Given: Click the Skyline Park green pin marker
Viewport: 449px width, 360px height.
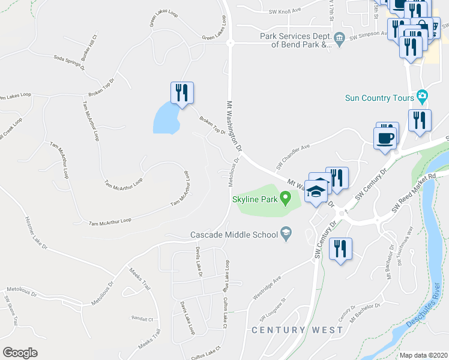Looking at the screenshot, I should coord(286,196).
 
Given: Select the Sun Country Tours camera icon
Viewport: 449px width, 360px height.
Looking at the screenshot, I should coord(423,97).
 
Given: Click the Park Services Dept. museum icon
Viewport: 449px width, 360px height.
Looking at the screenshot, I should coord(339,40).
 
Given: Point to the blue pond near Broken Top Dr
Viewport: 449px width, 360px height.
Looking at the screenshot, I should coord(166,118).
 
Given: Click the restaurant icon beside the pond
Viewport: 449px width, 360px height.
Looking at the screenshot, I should coord(182,93).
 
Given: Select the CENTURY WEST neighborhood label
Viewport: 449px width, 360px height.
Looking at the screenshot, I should coord(297,330).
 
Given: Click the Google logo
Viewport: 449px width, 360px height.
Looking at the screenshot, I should coord(20,352).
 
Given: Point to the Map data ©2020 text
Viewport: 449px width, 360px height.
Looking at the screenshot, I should coord(423,355).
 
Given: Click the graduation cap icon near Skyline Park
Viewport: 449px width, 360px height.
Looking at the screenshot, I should coord(316,191).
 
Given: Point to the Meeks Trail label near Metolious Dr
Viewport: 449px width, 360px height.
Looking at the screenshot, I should coord(139,280).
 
